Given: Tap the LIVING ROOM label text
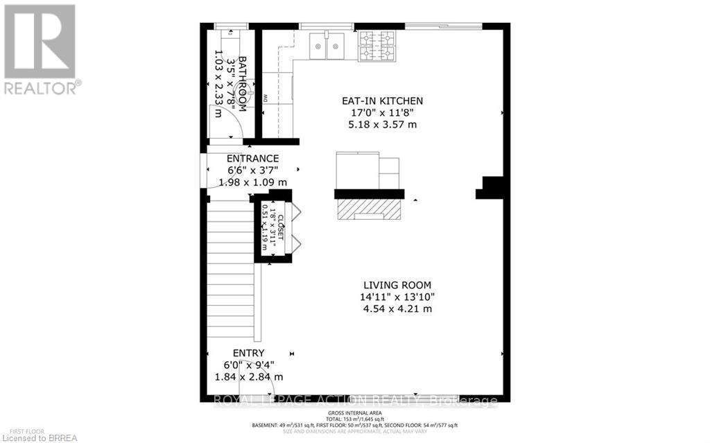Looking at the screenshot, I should (x=398, y=285).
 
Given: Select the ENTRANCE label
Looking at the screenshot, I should (x=248, y=159).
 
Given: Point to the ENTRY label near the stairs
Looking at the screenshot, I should (x=248, y=353).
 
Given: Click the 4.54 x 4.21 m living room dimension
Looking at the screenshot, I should (x=398, y=309).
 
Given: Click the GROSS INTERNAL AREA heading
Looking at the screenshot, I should (x=355, y=413).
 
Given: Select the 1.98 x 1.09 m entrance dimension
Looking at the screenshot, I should (x=248, y=182).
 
